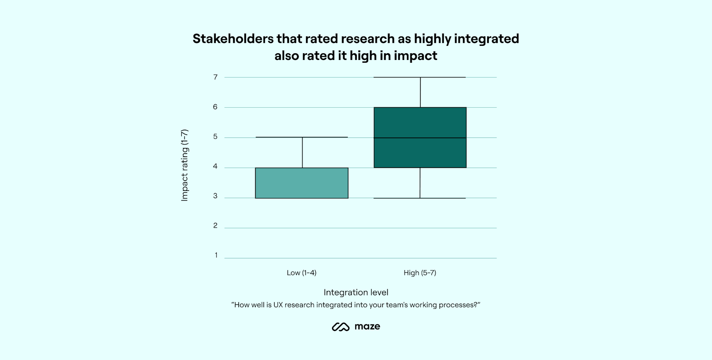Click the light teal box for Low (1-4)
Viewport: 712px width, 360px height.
pyautogui.click(x=302, y=183)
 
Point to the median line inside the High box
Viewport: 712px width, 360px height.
pyautogui.click(x=420, y=138)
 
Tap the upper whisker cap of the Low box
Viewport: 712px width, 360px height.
pyautogui.click(x=302, y=137)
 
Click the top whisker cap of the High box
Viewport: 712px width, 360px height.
pyautogui.click(x=420, y=77)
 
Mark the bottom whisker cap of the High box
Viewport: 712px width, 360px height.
pyautogui.click(x=420, y=198)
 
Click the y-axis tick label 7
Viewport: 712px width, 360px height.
pyautogui.click(x=215, y=77)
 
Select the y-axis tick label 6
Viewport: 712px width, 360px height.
pyautogui.click(x=215, y=107)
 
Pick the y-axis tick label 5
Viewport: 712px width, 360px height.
pyautogui.click(x=215, y=137)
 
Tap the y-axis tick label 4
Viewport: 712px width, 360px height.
pyautogui.click(x=215, y=166)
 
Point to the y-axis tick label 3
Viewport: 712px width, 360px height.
pyautogui.click(x=215, y=196)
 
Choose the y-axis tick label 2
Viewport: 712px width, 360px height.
pyautogui.click(x=215, y=226)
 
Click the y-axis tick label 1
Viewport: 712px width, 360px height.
pyautogui.click(x=216, y=255)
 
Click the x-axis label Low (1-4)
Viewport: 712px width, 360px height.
pyautogui.click(x=302, y=273)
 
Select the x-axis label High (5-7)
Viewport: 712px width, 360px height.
pyautogui.click(x=420, y=273)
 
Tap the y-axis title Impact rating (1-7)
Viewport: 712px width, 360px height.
pyautogui.click(x=184, y=165)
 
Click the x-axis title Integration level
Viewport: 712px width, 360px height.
pyautogui.click(x=356, y=292)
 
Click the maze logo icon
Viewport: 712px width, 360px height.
pyautogui.click(x=341, y=327)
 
